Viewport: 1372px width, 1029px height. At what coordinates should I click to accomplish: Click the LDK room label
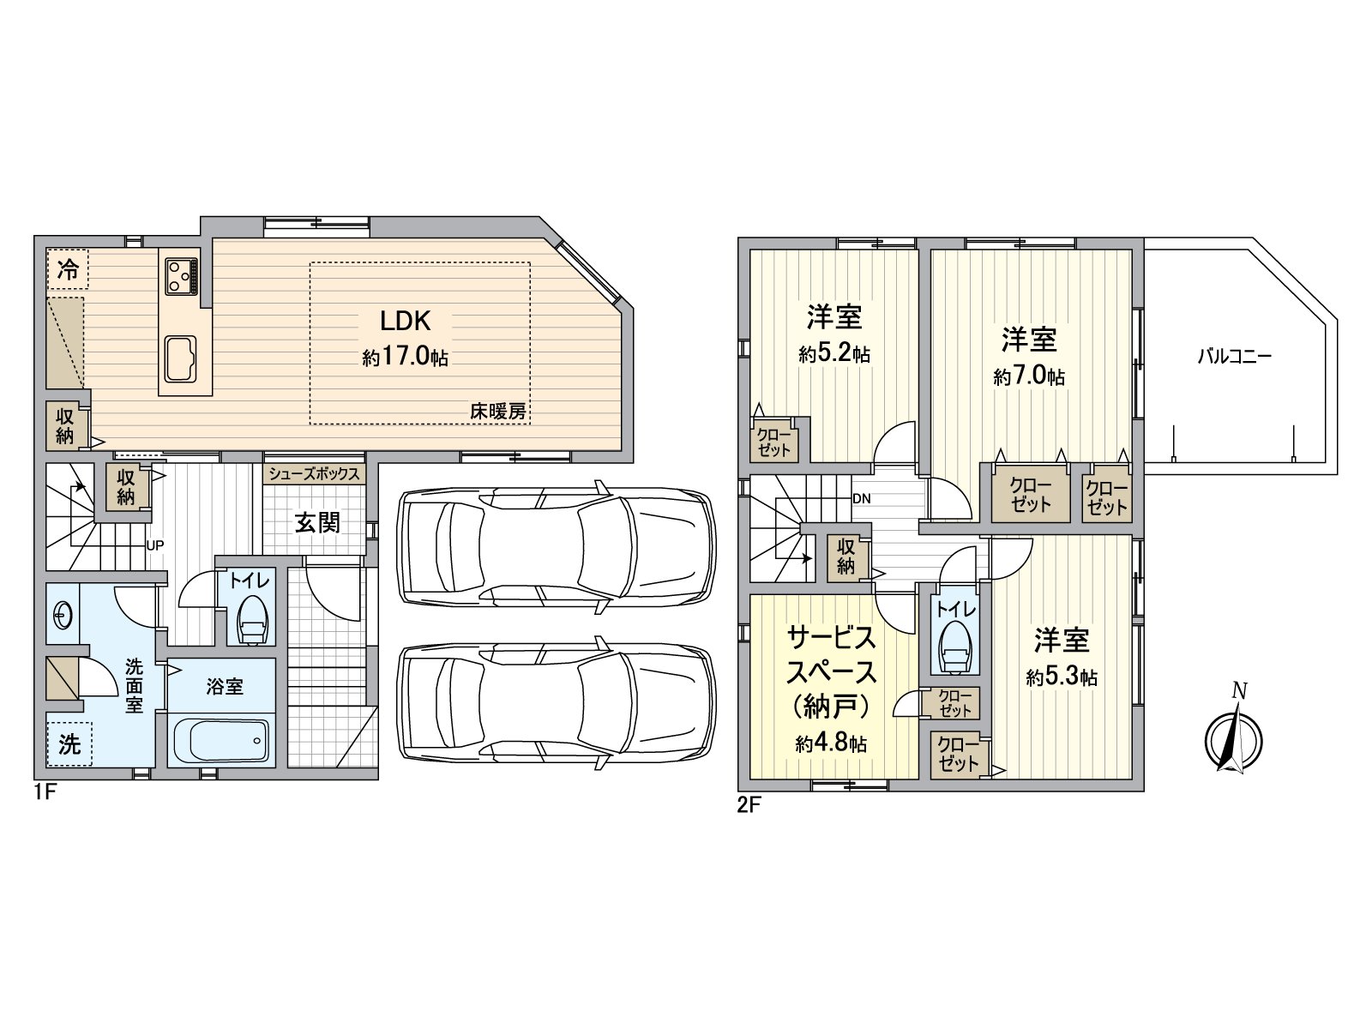(406, 321)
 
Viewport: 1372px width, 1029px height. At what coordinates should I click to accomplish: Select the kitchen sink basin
(181, 358)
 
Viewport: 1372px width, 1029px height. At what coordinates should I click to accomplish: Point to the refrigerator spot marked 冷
(68, 269)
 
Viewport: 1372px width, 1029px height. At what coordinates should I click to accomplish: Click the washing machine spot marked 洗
(69, 743)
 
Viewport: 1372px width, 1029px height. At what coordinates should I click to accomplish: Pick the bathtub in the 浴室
(222, 742)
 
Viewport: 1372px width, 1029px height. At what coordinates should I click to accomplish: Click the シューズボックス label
(315, 473)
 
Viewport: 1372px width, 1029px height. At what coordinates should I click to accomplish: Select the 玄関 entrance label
(317, 522)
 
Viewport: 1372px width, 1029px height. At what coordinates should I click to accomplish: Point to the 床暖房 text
(498, 411)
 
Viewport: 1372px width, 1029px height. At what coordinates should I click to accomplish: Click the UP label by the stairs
(155, 545)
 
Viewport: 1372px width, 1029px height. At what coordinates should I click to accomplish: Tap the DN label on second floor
(861, 498)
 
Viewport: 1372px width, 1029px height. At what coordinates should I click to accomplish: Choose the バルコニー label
(1235, 357)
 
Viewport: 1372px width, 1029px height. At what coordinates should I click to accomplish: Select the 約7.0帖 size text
(1030, 376)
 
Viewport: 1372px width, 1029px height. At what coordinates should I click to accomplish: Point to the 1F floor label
(45, 792)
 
